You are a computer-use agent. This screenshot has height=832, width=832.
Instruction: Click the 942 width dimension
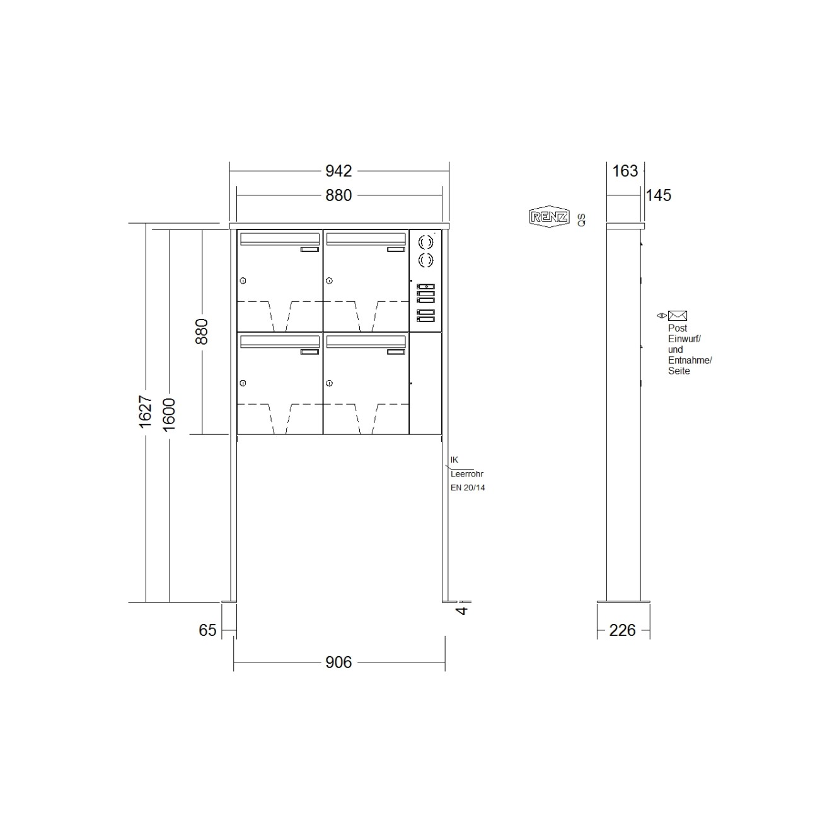(338, 171)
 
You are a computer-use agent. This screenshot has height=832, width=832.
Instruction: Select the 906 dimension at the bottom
(338, 662)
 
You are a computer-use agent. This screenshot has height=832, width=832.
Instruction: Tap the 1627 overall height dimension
(146, 412)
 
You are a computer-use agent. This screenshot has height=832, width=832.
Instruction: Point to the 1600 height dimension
(170, 415)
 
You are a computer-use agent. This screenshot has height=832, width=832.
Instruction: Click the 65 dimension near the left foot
(207, 630)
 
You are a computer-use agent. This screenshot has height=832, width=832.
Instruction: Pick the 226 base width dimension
(622, 630)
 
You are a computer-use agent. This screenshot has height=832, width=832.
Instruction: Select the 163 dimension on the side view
(625, 171)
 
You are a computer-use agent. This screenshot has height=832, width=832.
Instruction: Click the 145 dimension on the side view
(659, 195)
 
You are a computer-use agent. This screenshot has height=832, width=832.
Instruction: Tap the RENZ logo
(549, 217)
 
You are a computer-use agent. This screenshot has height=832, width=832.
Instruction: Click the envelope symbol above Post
(678, 316)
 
